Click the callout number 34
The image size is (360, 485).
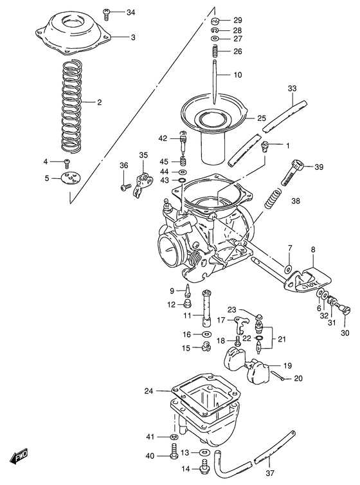click(131, 13)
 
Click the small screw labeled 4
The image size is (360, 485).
click(66, 161)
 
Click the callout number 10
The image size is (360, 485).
click(237, 75)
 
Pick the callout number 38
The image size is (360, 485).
click(296, 201)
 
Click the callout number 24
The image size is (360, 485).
click(148, 390)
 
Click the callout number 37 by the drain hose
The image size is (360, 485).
click(269, 477)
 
